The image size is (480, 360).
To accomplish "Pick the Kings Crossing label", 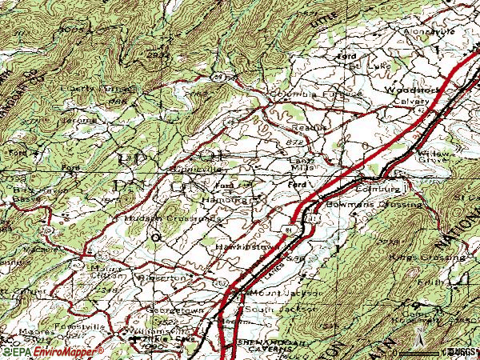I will [427, 258].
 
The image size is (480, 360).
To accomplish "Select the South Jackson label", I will [270, 309].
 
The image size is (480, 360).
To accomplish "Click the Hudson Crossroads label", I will [161, 217].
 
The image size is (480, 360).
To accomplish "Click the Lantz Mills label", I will [301, 163].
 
